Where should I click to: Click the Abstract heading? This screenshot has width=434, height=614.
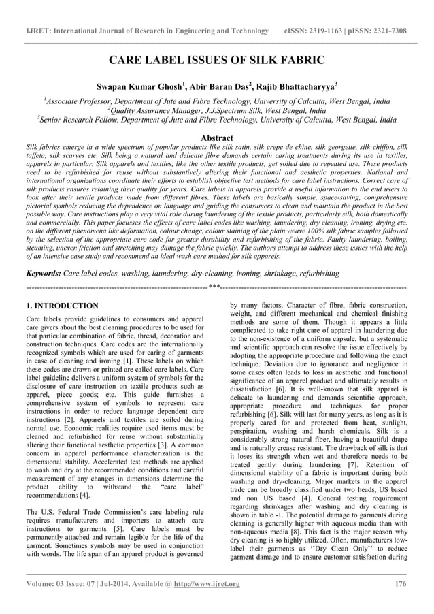(216, 138)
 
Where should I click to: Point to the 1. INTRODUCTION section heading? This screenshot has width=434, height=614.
(62, 306)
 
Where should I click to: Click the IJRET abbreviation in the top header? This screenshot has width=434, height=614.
(38, 31)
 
